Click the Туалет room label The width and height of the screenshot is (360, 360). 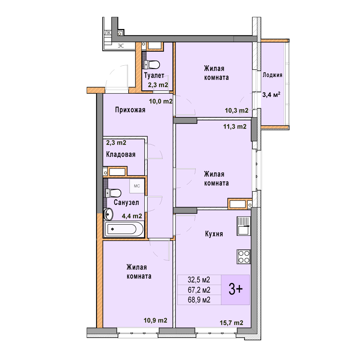[x=154, y=75]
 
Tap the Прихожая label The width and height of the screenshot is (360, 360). [x=130, y=110]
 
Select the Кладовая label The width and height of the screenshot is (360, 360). [x=121, y=154]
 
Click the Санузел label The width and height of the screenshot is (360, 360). [x=126, y=203]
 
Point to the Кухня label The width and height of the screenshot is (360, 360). [x=214, y=234]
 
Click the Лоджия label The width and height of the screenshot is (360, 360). [x=273, y=75]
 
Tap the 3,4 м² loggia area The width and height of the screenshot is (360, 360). [x=271, y=94]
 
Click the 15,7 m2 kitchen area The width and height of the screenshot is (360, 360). [x=231, y=323]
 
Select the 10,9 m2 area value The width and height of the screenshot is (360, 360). [x=155, y=320]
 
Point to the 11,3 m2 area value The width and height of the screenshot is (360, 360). [x=235, y=127]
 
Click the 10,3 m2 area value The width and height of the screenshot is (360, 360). [x=236, y=111]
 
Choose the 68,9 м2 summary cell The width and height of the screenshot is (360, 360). [x=199, y=300]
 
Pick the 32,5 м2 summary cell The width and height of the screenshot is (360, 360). [x=199, y=280]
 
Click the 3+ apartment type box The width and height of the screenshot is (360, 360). [x=235, y=290]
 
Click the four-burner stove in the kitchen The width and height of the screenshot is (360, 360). [x=244, y=257]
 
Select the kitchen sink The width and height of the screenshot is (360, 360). [x=244, y=226]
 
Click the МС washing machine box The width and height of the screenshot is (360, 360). [x=137, y=186]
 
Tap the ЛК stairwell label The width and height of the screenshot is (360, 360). [x=108, y=33]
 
